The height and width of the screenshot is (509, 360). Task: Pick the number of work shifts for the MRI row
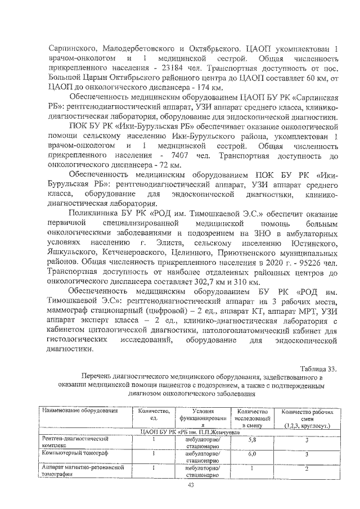click(x=307, y=468)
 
